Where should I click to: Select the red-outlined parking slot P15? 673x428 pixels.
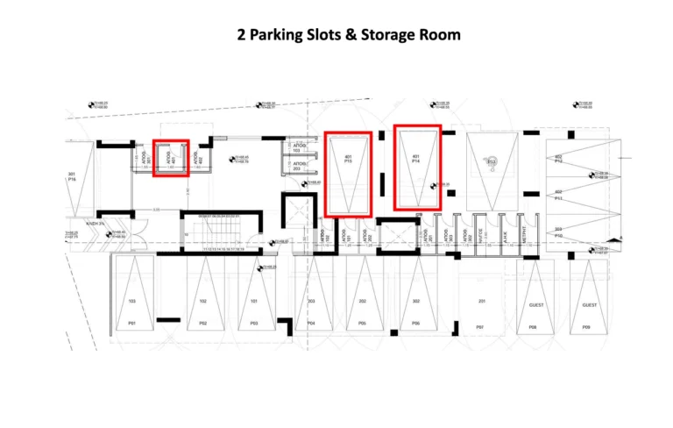tap(348, 173)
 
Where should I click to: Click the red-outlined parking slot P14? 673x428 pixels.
tap(416, 168)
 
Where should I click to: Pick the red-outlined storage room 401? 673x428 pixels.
tap(172, 158)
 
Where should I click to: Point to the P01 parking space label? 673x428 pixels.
tap(132, 323)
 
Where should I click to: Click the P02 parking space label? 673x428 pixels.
tap(202, 323)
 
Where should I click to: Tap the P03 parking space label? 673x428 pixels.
tap(253, 323)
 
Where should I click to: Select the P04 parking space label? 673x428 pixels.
tap(311, 323)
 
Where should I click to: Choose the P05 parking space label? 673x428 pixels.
tap(362, 323)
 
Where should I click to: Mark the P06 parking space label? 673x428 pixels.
tap(415, 323)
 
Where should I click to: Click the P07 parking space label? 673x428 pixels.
tap(479, 327)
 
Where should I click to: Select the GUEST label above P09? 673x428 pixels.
tap(591, 305)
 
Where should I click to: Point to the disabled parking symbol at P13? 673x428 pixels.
tap(492, 161)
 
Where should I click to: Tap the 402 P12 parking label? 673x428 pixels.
tap(558, 159)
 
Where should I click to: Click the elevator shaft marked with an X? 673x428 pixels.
tap(399, 235)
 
